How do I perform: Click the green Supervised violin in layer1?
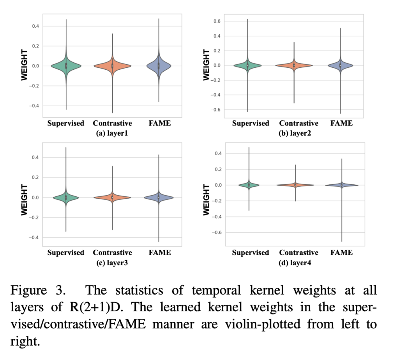[x=66, y=65]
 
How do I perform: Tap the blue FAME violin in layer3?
[x=159, y=198]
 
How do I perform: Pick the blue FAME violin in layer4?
[x=341, y=185]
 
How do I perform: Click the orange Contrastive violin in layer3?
[x=112, y=198]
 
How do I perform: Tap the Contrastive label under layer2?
[x=298, y=123]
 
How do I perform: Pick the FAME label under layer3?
[x=159, y=252]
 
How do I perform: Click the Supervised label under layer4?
[x=251, y=252]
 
